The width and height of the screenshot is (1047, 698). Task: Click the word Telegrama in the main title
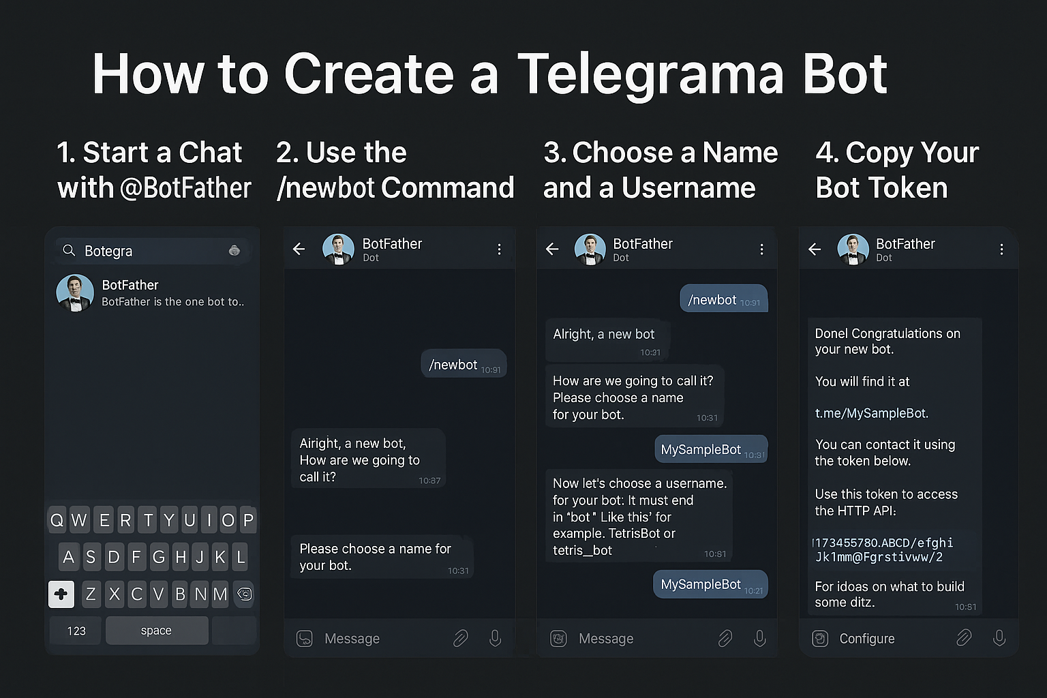(650, 74)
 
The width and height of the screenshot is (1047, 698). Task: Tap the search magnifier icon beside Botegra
(69, 251)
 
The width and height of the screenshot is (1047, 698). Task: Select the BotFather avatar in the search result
(75, 293)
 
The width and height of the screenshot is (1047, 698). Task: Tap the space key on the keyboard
(157, 631)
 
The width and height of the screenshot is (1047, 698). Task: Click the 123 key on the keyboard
(76, 631)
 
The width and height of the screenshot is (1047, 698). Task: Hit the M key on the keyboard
(220, 594)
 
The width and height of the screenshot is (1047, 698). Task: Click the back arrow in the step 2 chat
(299, 249)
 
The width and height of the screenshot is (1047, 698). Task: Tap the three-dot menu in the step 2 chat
(499, 249)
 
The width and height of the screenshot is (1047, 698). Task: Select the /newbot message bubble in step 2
(464, 365)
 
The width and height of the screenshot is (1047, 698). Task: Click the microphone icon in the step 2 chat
(496, 638)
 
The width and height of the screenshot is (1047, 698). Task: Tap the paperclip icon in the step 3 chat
(725, 638)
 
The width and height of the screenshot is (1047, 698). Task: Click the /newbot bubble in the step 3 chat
(723, 300)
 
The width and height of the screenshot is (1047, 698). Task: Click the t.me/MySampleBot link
(871, 413)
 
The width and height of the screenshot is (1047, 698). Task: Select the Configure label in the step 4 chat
(866, 639)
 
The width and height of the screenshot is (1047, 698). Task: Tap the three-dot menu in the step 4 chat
(1001, 249)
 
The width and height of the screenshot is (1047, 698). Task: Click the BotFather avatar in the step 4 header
(853, 249)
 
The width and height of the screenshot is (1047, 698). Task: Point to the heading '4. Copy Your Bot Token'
(897, 170)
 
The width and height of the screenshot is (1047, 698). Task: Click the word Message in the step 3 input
(606, 639)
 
